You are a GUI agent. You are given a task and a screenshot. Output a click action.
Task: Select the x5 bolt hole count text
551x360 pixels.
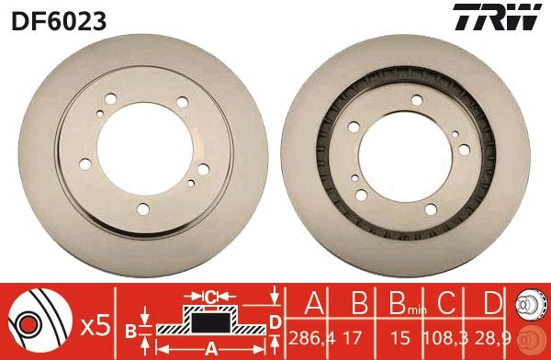[x=95, y=324]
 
